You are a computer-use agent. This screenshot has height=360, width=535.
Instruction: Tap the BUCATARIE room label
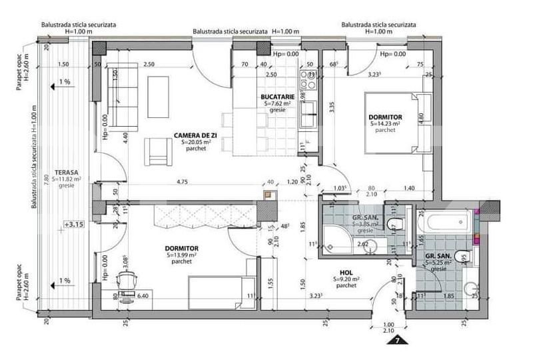pos(277,97)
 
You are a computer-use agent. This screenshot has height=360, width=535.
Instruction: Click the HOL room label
pos(345,272)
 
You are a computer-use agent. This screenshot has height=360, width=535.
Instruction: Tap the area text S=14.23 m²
pos(385,123)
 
